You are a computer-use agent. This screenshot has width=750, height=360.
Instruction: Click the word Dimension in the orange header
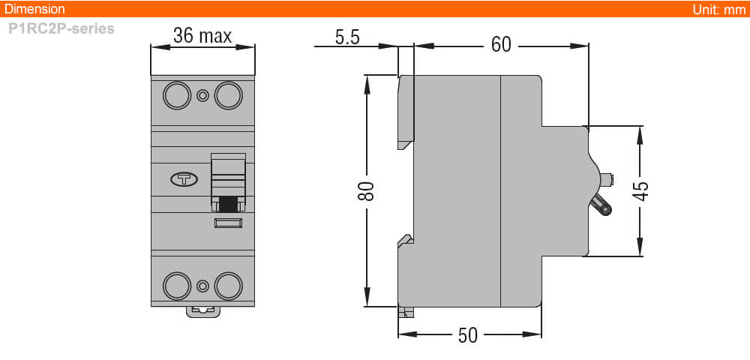click(34, 9)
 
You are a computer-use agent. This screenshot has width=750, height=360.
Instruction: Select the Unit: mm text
click(719, 9)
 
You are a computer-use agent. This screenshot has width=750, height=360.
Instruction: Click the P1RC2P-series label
click(61, 29)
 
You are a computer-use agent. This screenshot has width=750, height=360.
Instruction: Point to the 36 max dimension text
click(202, 36)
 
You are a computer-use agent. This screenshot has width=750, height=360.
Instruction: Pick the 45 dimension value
click(640, 190)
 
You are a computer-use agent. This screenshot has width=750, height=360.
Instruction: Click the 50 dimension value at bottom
click(467, 335)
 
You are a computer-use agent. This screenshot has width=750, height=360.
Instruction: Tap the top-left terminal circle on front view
click(178, 96)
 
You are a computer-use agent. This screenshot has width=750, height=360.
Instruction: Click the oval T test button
click(184, 179)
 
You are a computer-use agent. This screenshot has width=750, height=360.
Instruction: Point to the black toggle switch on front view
click(228, 202)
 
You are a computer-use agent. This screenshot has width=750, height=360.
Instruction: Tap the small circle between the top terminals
click(202, 96)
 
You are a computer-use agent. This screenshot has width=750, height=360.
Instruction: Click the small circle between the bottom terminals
click(202, 285)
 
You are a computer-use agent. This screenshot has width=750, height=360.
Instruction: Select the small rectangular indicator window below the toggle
click(228, 223)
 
